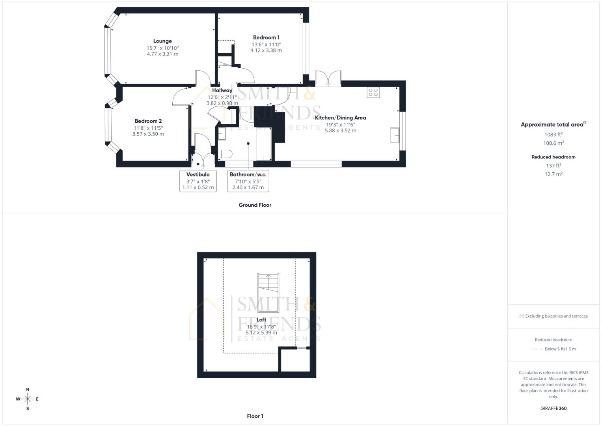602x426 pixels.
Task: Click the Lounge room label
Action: point(162,41)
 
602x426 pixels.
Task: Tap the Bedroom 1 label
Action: point(266,37)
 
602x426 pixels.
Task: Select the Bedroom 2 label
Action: point(148,121)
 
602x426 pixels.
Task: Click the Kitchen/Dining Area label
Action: point(340,118)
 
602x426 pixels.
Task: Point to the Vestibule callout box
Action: point(198,181)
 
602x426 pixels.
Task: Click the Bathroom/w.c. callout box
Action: point(248,181)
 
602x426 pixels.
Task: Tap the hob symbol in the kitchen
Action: point(373,92)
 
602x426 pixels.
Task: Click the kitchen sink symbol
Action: point(395,135)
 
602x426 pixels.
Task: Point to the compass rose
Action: point(28,399)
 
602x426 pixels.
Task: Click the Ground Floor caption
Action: point(255,205)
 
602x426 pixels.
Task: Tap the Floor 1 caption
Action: point(255,416)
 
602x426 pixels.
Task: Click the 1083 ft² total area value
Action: point(553,135)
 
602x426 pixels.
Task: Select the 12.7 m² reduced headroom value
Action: point(553,174)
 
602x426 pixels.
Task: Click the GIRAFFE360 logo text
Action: point(553,408)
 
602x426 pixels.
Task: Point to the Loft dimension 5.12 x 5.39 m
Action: point(261,333)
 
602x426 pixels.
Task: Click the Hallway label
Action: point(222,90)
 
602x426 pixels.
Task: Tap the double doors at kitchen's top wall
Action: point(328,78)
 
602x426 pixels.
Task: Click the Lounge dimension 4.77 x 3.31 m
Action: point(162,54)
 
